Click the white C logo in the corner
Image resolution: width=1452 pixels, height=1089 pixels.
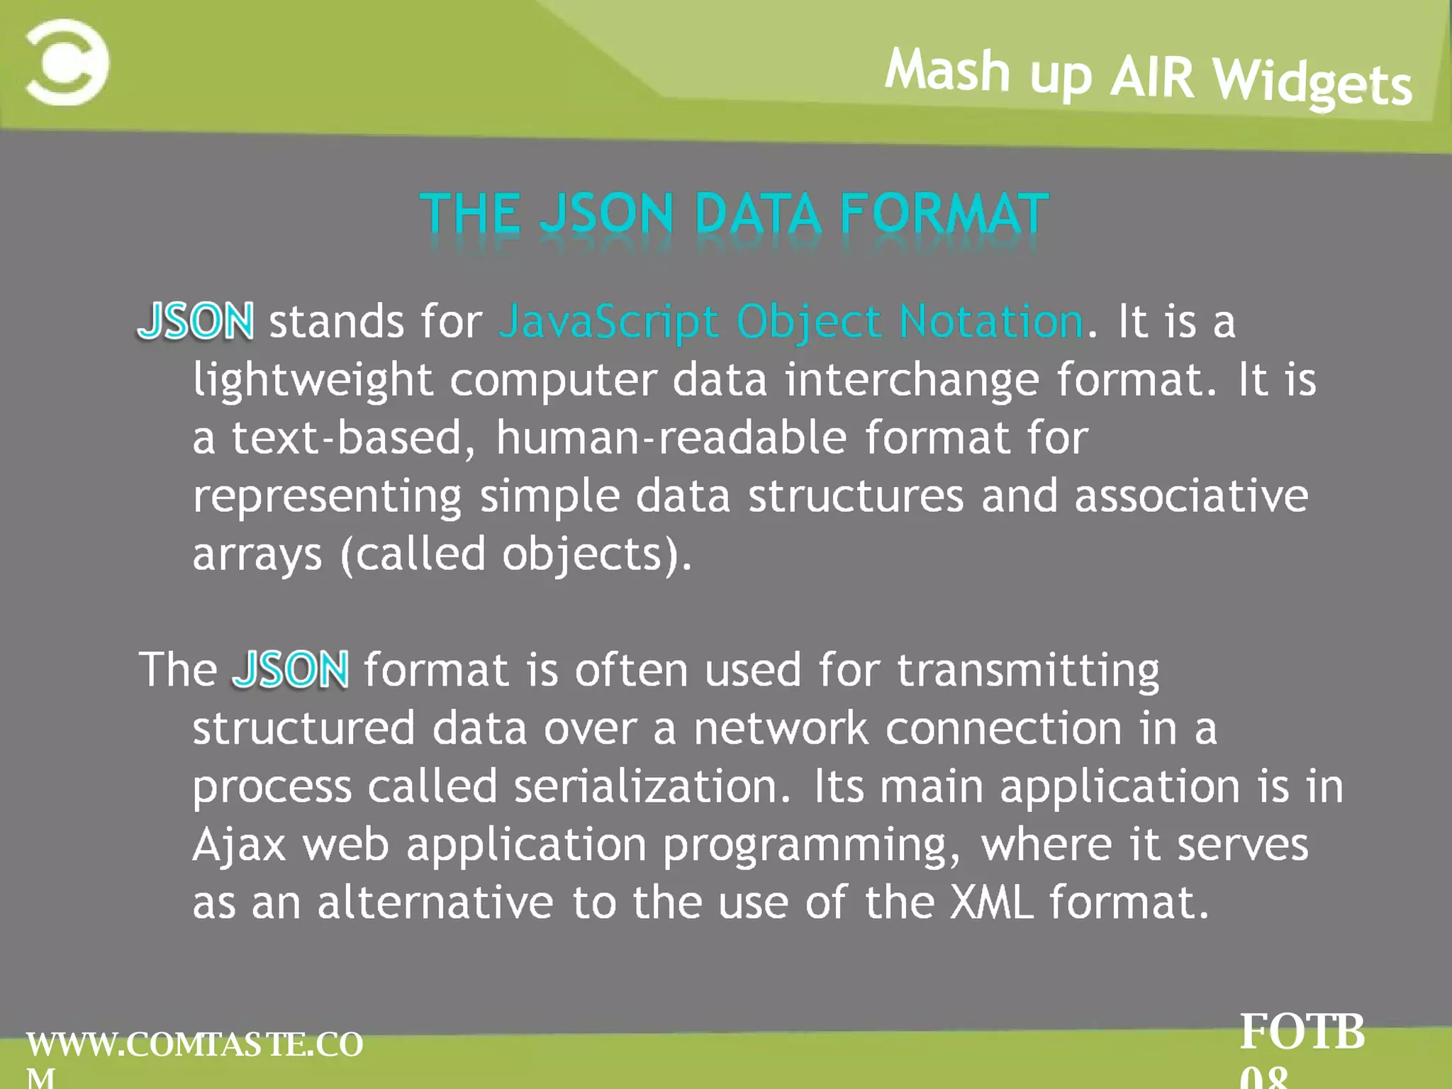click(x=67, y=62)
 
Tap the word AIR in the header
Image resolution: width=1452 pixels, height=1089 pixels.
click(x=1152, y=77)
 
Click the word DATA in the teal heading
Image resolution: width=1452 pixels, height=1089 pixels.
click(x=758, y=213)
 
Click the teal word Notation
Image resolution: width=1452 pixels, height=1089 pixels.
click(x=990, y=321)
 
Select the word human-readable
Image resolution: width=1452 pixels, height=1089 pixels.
click(x=671, y=437)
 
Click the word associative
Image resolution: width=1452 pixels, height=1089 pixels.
click(x=1191, y=496)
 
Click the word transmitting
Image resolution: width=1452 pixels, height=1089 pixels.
click(x=1028, y=671)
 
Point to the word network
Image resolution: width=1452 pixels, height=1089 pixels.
click(x=781, y=728)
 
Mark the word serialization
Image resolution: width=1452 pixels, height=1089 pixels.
click(x=651, y=786)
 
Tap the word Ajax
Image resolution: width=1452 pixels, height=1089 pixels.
click(x=239, y=846)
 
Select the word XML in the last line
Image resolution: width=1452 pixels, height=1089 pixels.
click(x=991, y=903)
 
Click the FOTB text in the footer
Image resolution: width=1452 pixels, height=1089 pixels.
click(x=1302, y=1032)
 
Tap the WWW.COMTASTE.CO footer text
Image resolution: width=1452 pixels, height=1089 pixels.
click(x=194, y=1045)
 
